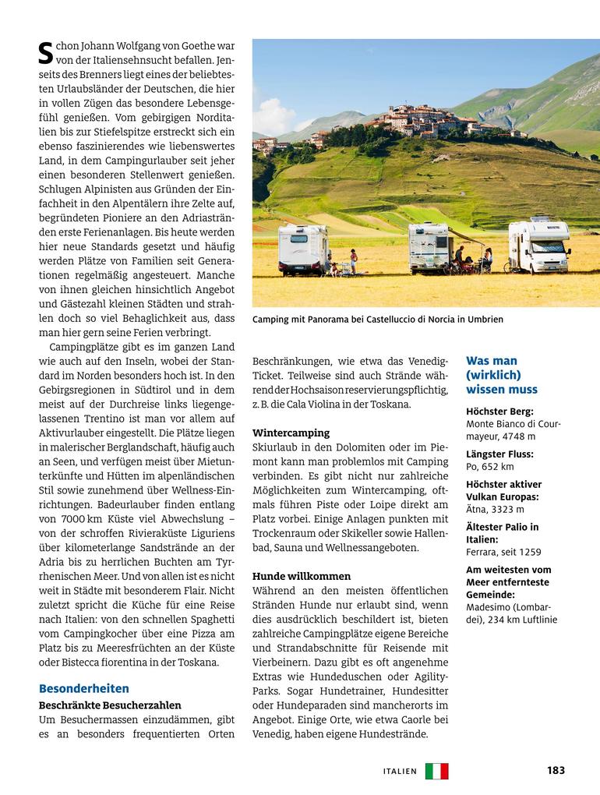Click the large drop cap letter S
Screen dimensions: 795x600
(45, 52)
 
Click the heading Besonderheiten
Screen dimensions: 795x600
(84, 688)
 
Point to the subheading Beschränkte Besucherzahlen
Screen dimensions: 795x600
(110, 705)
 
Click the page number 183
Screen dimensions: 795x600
(556, 770)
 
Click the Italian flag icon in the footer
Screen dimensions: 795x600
(437, 771)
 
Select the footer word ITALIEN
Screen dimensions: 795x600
(401, 771)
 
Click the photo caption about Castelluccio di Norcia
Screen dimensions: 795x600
(378, 320)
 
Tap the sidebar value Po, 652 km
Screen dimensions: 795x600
(490, 467)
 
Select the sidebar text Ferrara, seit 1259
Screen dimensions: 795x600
(503, 552)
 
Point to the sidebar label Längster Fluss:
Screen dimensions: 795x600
(499, 454)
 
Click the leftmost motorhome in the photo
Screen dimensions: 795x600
(303, 249)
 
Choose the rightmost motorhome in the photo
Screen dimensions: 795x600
(538, 246)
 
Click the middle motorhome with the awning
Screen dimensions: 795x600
(431, 248)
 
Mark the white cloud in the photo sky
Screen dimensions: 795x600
(272, 115)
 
